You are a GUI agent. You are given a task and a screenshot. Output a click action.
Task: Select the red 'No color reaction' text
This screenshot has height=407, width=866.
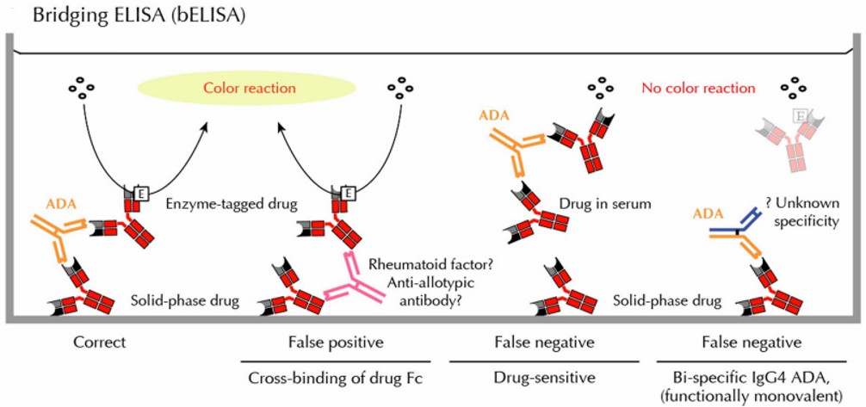[698, 88]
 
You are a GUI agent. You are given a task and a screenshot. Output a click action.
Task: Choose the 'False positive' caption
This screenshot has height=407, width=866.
[334, 342]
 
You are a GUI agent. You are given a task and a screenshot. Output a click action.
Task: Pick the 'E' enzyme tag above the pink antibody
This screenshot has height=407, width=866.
[349, 194]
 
